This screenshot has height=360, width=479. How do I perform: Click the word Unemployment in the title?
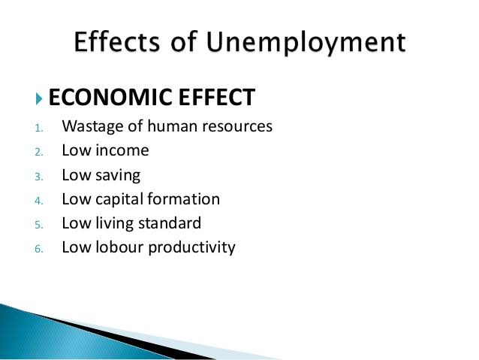click(x=306, y=43)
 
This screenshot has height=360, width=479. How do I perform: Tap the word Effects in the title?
click(x=116, y=41)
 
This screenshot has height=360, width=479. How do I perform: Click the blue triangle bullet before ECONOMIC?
click(x=39, y=98)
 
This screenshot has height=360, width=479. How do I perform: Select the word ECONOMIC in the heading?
click(x=111, y=97)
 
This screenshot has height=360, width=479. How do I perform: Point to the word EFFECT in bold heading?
click(x=216, y=97)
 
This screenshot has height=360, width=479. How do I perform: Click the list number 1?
click(x=38, y=128)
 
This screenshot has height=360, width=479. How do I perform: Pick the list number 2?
click(x=39, y=152)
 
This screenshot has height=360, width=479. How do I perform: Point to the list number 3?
click(x=39, y=177)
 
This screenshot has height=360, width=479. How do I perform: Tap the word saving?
click(x=118, y=176)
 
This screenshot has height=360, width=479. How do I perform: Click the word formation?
click(x=184, y=198)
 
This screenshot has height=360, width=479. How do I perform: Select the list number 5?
click(x=39, y=225)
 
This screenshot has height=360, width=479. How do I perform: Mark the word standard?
click(x=170, y=222)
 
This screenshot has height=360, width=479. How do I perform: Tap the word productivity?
click(x=192, y=248)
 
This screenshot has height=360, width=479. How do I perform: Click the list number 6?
click(x=39, y=249)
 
